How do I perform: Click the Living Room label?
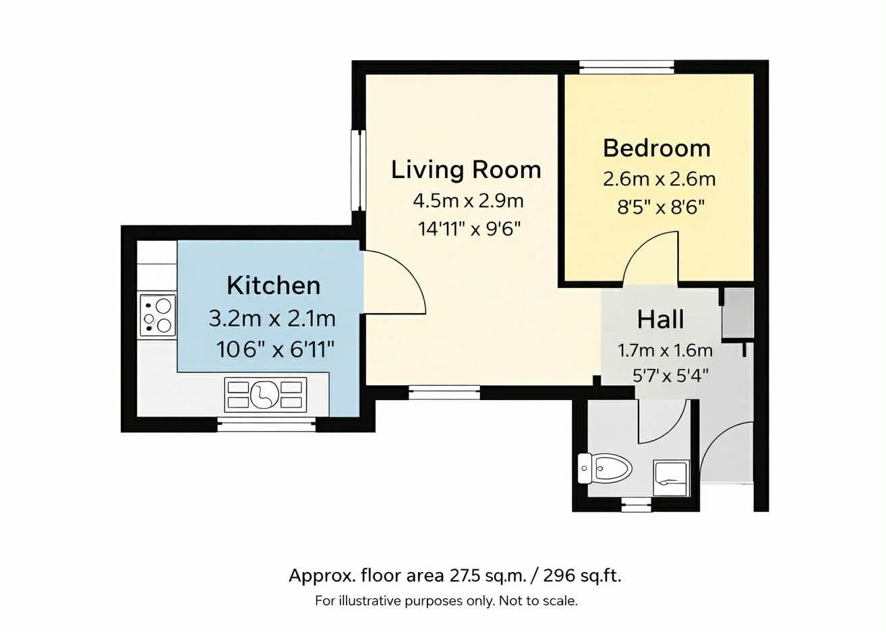[x=466, y=170]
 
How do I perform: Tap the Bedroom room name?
[x=657, y=148]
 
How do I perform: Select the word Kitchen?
[x=273, y=285]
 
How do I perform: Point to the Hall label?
[x=661, y=319]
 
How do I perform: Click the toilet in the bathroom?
[x=604, y=469]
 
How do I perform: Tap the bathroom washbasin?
[x=672, y=478]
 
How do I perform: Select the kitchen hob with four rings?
[x=157, y=316]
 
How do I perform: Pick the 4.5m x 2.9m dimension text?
[x=469, y=201]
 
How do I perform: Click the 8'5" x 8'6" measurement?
[x=661, y=207]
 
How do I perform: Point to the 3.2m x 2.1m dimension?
[x=272, y=319]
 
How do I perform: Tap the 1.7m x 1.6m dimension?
[x=666, y=351]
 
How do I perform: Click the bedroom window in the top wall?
[x=626, y=67]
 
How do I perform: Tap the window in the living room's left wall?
[x=358, y=171]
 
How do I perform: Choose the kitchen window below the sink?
[x=266, y=426]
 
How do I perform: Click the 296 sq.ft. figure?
[x=582, y=576]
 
